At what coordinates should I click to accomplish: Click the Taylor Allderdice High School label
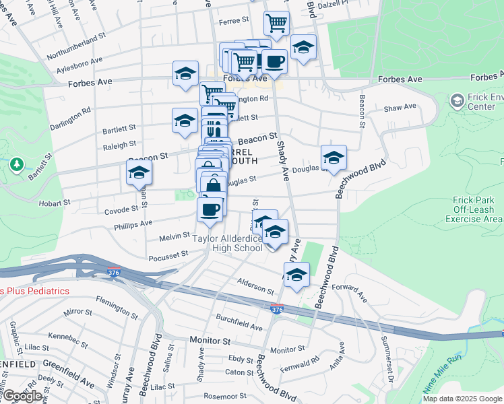pos(227,243)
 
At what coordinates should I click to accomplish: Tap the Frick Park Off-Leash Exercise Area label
pos(474,209)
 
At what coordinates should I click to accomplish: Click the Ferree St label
pos(234,22)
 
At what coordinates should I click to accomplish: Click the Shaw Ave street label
pos(400,108)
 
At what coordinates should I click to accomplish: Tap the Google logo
pos(22,396)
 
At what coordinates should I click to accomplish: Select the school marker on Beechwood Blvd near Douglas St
pos(334,158)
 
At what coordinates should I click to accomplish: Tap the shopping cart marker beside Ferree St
pos(276,24)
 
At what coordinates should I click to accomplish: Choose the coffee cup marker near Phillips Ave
pos(210,209)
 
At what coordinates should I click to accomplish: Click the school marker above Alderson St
pos(296,274)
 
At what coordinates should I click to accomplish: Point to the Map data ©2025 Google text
pos(462,399)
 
